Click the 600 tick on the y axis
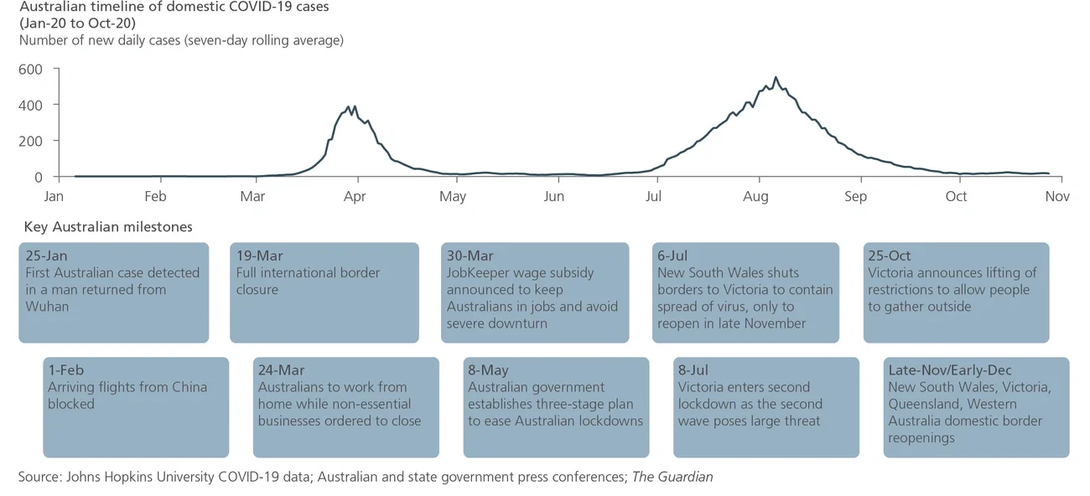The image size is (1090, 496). click(x=30, y=69)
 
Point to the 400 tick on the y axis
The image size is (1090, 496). click(x=30, y=105)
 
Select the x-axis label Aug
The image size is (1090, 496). click(x=756, y=197)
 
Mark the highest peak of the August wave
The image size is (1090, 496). click(x=776, y=78)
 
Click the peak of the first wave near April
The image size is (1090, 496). click(x=355, y=106)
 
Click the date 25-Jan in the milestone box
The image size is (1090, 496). click(x=46, y=256)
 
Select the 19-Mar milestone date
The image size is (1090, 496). click(x=259, y=256)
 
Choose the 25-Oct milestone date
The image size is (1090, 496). click(x=890, y=256)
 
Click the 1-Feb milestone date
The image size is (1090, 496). click(x=66, y=370)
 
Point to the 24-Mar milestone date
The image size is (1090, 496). click(x=282, y=370)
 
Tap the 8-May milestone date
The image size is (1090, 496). click(x=489, y=370)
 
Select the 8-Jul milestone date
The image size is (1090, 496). click(x=695, y=370)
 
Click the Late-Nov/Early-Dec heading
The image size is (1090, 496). click(x=950, y=370)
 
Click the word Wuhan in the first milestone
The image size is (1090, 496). click(x=48, y=307)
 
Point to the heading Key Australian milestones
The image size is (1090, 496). click(x=108, y=227)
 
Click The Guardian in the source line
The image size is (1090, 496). click(x=672, y=477)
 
